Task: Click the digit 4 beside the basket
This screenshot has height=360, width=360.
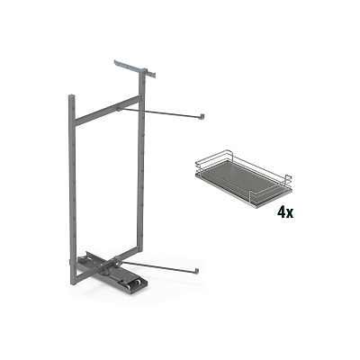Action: pyautogui.click(x=282, y=212)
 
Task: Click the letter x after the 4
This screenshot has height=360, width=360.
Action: pyautogui.click(x=290, y=213)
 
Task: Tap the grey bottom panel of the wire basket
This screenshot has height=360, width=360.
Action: pyautogui.click(x=242, y=182)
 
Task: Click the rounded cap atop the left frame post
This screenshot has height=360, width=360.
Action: pyautogui.click(x=72, y=97)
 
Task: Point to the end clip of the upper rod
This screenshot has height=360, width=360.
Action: pyautogui.click(x=203, y=117)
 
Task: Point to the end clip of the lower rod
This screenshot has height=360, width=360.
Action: pyautogui.click(x=197, y=271)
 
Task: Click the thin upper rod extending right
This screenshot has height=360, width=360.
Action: pyautogui.click(x=160, y=112)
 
